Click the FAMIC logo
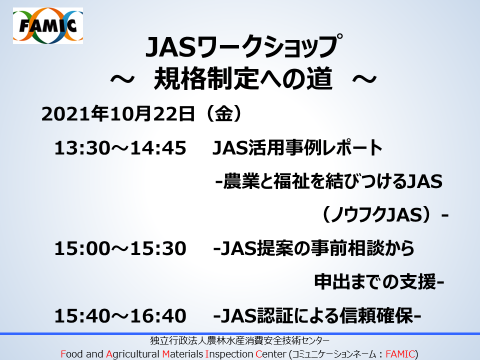coord(48,25)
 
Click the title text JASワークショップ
coord(244,46)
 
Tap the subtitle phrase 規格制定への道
coord(243,78)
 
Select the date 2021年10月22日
coord(118,114)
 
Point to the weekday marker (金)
coord(224,114)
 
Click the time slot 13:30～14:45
coord(120,148)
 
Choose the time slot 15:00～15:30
coord(120,248)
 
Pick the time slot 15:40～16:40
coord(120,316)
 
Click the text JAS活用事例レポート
coord(297,148)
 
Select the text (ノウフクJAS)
coord(380,214)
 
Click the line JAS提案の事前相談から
coord(317,248)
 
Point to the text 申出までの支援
coord(375,282)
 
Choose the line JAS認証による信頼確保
coord(317,316)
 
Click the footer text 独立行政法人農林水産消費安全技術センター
coord(239,340)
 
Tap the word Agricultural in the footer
coord(132,354)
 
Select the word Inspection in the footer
coord(229,354)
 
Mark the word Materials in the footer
coord(182,354)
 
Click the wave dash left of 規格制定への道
coord(122,79)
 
